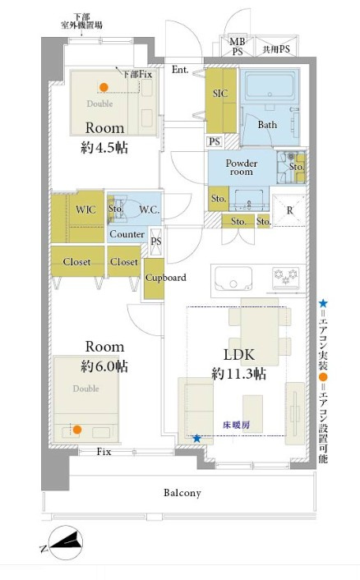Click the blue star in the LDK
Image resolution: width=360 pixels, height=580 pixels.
196,439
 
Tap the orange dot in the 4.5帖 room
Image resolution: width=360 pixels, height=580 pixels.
104,87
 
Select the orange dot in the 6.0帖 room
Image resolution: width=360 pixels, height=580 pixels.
77,430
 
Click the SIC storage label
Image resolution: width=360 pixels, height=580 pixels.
220,94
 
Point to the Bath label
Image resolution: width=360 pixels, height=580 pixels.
267,125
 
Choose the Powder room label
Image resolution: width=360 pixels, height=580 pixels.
242,168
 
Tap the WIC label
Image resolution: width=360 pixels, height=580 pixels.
85,209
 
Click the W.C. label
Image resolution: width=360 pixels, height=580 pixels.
149,209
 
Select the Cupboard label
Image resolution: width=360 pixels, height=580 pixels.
166,278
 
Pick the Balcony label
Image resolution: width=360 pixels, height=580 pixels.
182,493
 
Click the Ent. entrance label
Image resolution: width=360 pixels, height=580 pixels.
180,70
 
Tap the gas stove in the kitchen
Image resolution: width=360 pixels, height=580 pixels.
286,278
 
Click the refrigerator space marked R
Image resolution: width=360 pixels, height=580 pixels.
289,210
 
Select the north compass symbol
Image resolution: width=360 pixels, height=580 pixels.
66,542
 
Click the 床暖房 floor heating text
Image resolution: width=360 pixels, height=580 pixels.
237,425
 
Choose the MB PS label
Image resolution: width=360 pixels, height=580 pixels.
238,47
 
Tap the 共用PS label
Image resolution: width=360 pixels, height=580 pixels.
276,49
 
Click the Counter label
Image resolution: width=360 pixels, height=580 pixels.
127,234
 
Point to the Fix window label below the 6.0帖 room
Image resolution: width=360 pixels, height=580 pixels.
104,452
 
